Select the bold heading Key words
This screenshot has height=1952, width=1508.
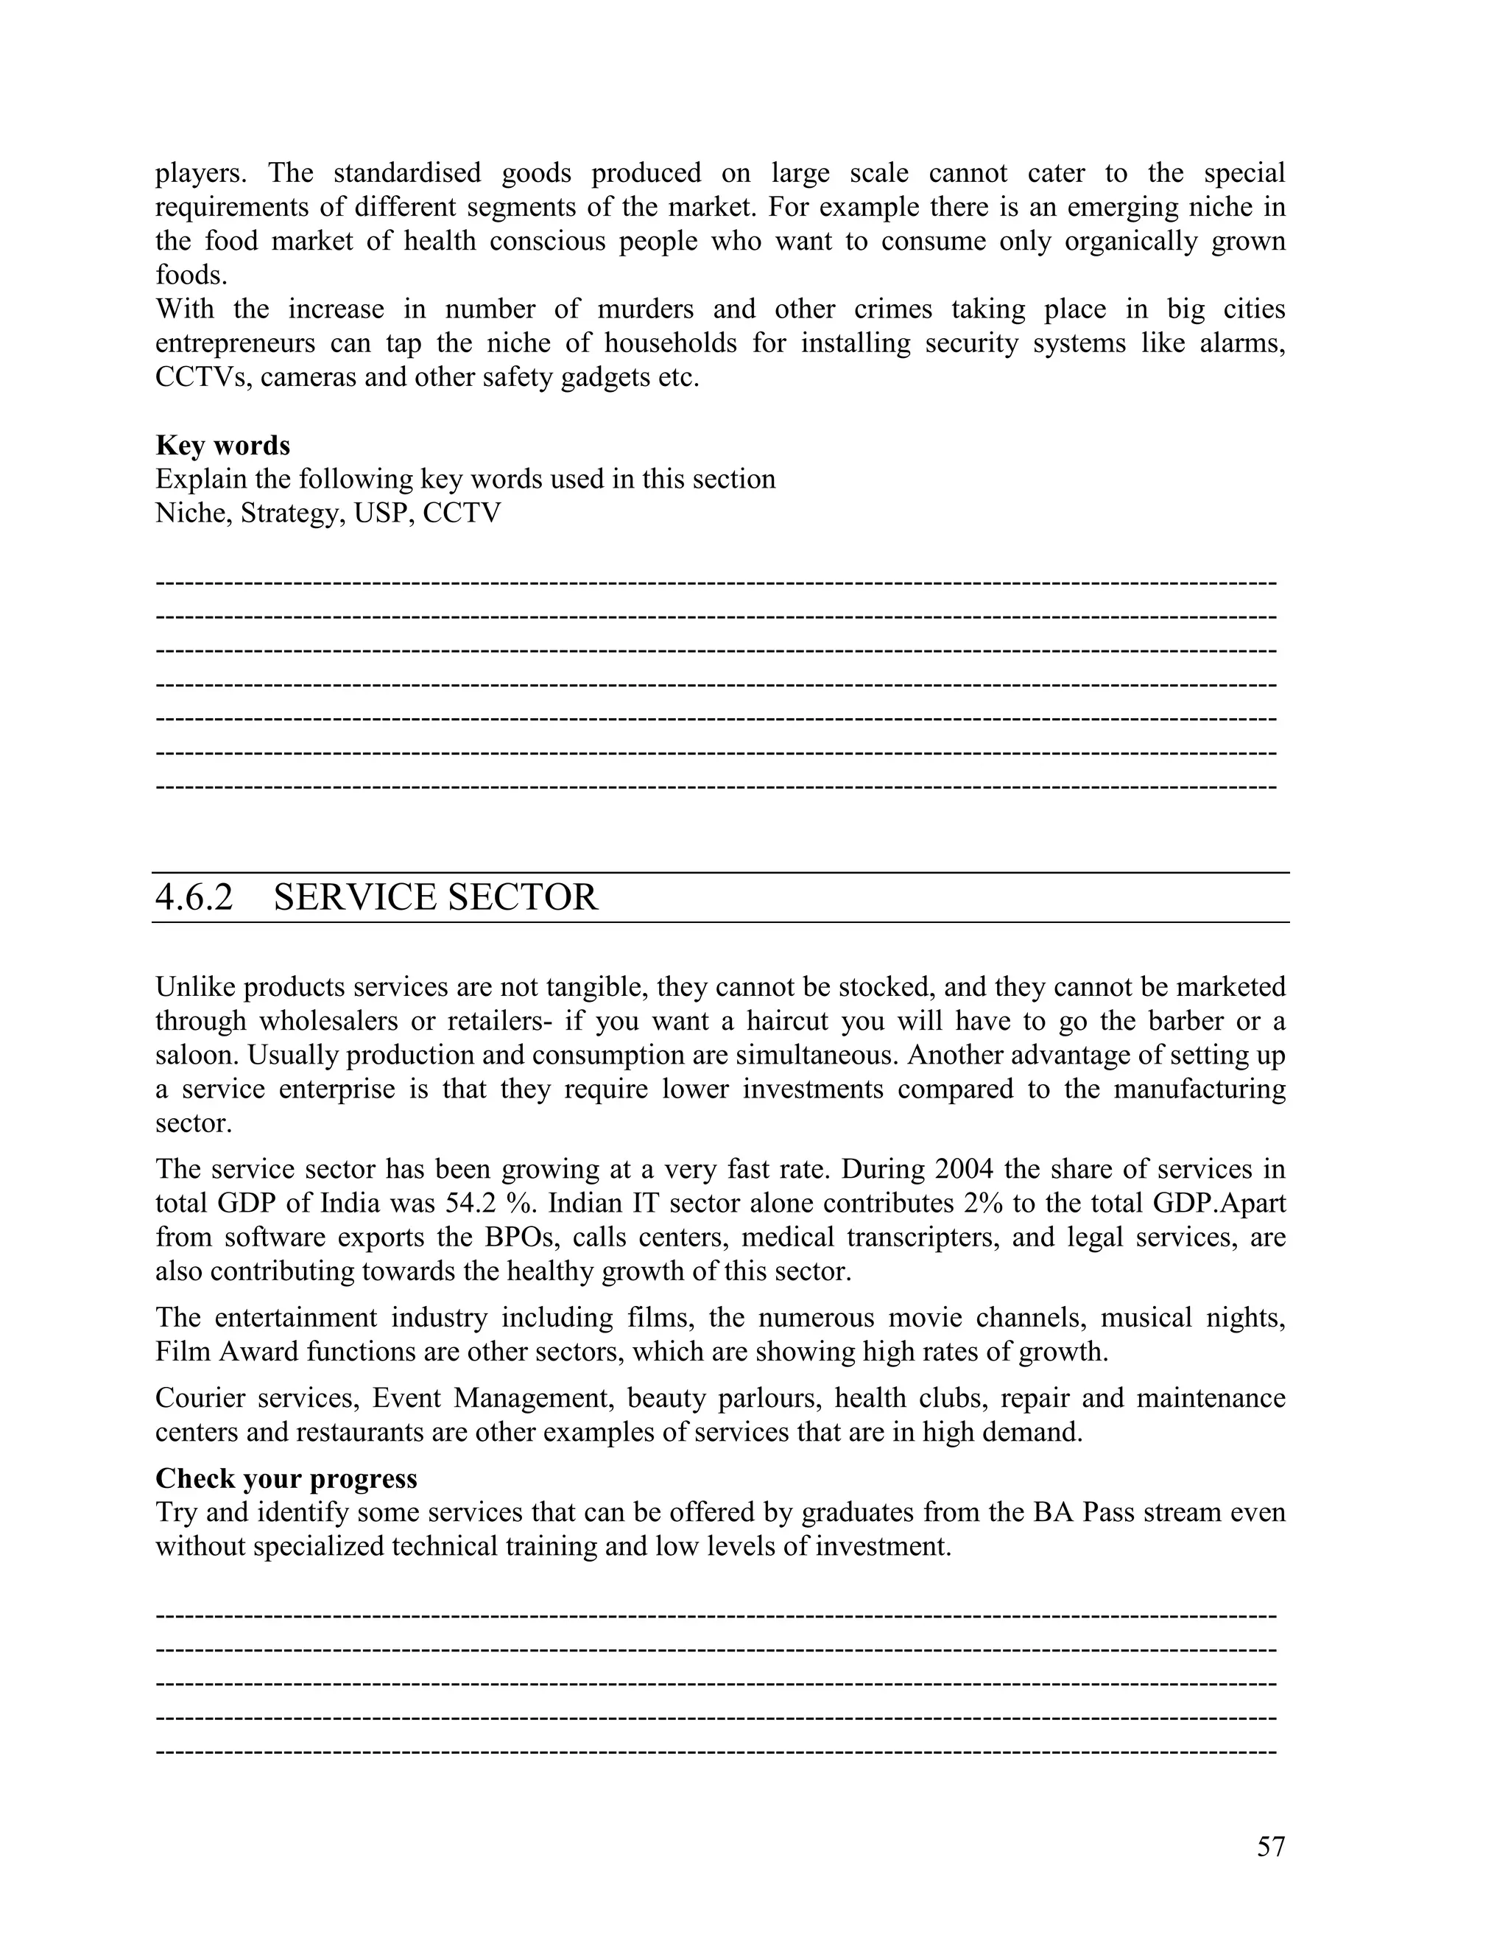point(222,445)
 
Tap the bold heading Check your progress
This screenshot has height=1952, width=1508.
point(286,1478)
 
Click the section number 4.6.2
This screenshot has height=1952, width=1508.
point(194,897)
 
